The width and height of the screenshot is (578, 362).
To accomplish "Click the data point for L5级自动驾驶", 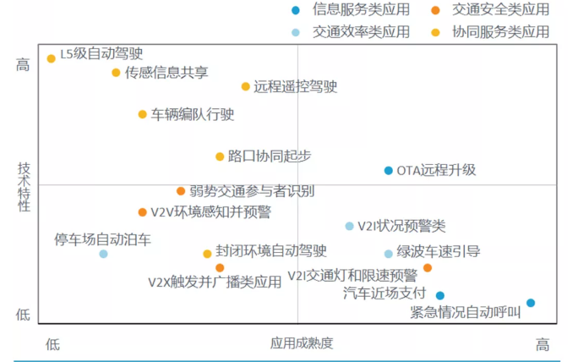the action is (x=52, y=58).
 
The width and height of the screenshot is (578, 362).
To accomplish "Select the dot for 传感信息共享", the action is (x=116, y=73).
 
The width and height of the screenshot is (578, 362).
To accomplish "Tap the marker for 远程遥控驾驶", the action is (x=246, y=87).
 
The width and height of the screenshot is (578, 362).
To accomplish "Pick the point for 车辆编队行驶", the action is (x=142, y=114).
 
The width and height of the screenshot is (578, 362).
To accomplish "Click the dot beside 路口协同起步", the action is (x=220, y=156).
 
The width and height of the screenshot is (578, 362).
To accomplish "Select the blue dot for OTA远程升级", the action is (x=388, y=171).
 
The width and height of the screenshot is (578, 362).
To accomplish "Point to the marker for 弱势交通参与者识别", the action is (x=181, y=191).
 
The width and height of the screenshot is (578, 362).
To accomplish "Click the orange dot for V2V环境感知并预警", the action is (x=142, y=212).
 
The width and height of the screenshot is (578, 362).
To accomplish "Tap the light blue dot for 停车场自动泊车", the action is (x=104, y=254).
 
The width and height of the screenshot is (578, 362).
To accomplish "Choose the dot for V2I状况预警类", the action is (x=350, y=226).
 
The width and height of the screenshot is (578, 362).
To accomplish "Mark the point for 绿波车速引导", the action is (x=388, y=254).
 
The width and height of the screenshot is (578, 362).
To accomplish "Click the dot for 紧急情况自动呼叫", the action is (x=531, y=303).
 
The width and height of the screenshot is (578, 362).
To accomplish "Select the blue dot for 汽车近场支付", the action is (x=439, y=295).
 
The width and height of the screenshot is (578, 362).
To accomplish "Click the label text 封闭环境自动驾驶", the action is (x=271, y=251).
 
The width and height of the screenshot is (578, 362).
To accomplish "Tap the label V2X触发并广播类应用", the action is (x=215, y=282).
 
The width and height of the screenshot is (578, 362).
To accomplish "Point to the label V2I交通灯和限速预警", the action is (x=352, y=275).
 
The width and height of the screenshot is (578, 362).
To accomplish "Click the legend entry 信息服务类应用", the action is (x=362, y=9).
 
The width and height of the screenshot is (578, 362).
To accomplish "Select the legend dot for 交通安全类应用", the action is (x=435, y=10).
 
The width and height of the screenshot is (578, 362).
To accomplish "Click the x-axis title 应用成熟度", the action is (x=302, y=343).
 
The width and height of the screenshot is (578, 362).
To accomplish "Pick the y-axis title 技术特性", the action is (x=24, y=187).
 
